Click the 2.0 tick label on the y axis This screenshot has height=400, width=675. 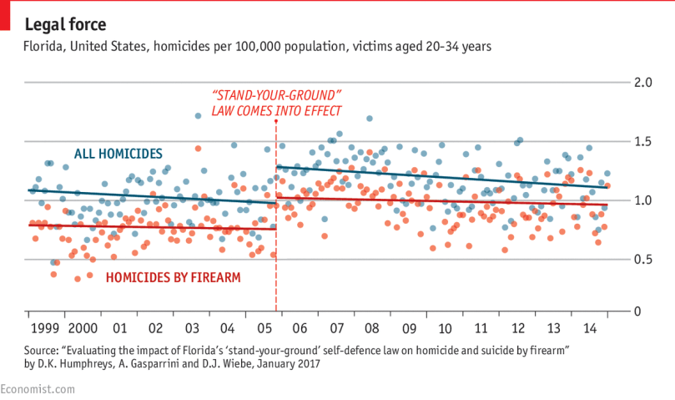(x=642, y=82)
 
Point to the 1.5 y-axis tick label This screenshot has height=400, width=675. (x=642, y=141)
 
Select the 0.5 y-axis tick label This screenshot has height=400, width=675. (x=642, y=259)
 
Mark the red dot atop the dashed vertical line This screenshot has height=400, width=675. (x=276, y=122)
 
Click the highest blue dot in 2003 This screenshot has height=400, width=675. (x=198, y=116)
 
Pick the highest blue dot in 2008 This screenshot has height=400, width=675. (x=369, y=118)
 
